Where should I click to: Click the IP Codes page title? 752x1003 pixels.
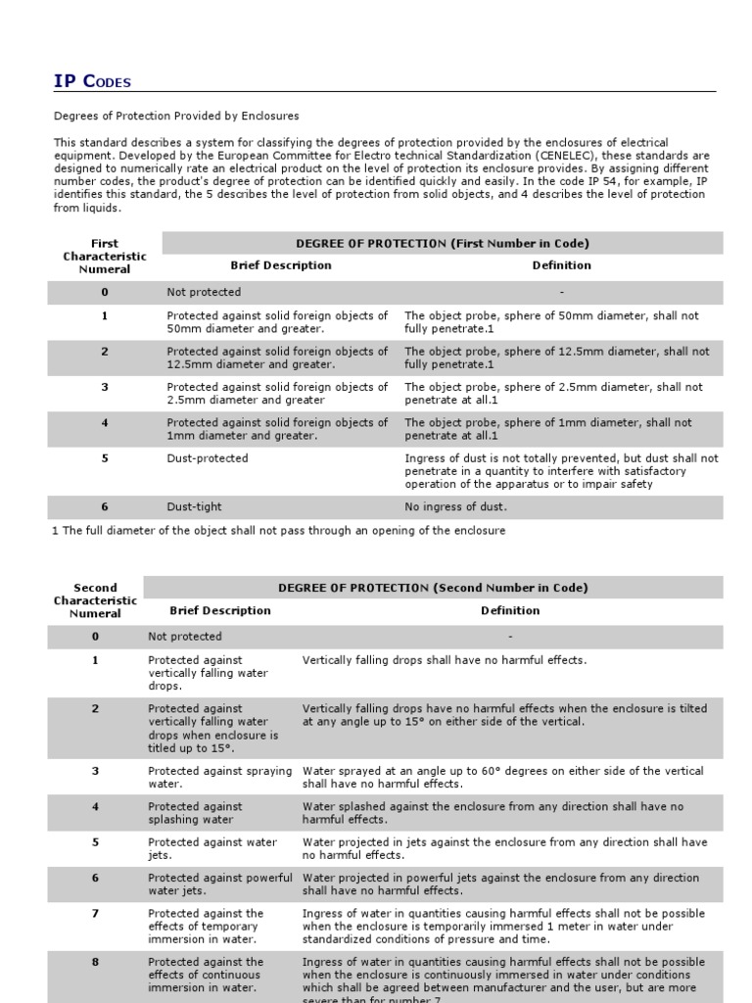click(x=92, y=81)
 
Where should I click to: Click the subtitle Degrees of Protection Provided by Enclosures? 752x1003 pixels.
click(x=176, y=117)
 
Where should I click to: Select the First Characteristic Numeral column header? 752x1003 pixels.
click(x=104, y=256)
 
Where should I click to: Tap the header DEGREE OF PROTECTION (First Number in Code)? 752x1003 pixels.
click(x=443, y=243)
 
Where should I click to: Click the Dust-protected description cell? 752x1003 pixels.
click(x=208, y=458)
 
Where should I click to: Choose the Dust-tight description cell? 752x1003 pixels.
click(x=195, y=507)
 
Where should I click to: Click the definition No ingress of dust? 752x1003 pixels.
click(x=456, y=507)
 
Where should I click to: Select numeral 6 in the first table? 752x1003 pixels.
click(x=105, y=507)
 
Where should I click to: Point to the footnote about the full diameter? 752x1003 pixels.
click(x=278, y=531)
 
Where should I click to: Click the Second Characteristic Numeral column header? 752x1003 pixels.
click(x=95, y=600)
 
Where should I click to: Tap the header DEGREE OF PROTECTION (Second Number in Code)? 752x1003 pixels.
click(x=433, y=588)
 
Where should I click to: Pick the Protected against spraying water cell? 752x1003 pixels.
click(x=219, y=777)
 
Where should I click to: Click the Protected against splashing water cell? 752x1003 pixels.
click(x=195, y=813)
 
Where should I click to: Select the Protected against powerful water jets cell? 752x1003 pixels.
click(x=219, y=884)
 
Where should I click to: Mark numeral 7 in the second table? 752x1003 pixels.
click(x=95, y=914)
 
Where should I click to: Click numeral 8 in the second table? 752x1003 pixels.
click(x=95, y=962)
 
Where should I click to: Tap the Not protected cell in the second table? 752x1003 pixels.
click(x=185, y=637)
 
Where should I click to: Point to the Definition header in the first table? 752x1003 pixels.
click(x=561, y=265)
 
